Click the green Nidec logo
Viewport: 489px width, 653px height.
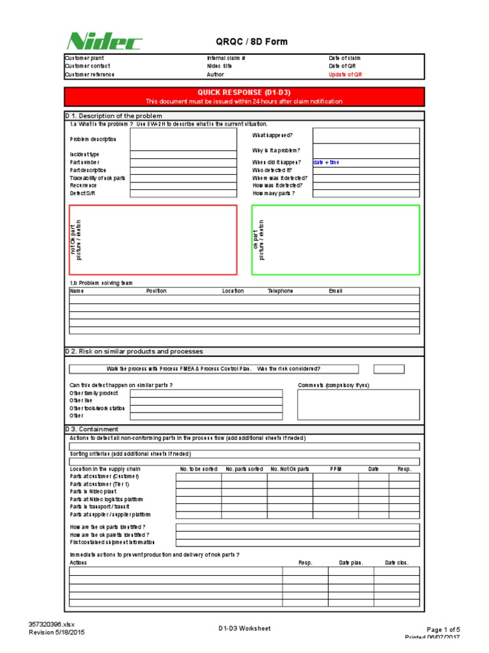[104, 42]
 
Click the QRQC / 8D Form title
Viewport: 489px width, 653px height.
[252, 42]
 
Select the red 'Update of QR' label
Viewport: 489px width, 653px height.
[345, 75]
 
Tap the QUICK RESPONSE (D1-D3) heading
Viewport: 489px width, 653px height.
[244, 93]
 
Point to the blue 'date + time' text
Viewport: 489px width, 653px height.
[326, 162]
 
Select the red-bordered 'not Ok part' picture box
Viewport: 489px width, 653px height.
[152, 240]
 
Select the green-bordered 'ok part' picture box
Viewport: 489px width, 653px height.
[336, 240]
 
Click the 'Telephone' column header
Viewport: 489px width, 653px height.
[280, 291]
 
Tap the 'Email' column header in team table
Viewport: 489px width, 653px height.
[336, 291]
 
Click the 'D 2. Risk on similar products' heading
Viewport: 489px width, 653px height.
[134, 351]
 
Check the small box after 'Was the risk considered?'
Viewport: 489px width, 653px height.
[388, 369]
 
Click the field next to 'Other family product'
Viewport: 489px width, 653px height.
[206, 393]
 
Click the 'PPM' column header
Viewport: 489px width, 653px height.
[336, 469]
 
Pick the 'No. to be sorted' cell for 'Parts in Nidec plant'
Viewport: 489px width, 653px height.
[199, 492]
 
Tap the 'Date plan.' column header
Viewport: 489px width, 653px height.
[351, 563]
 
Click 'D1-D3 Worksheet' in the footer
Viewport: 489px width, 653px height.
[244, 628]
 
